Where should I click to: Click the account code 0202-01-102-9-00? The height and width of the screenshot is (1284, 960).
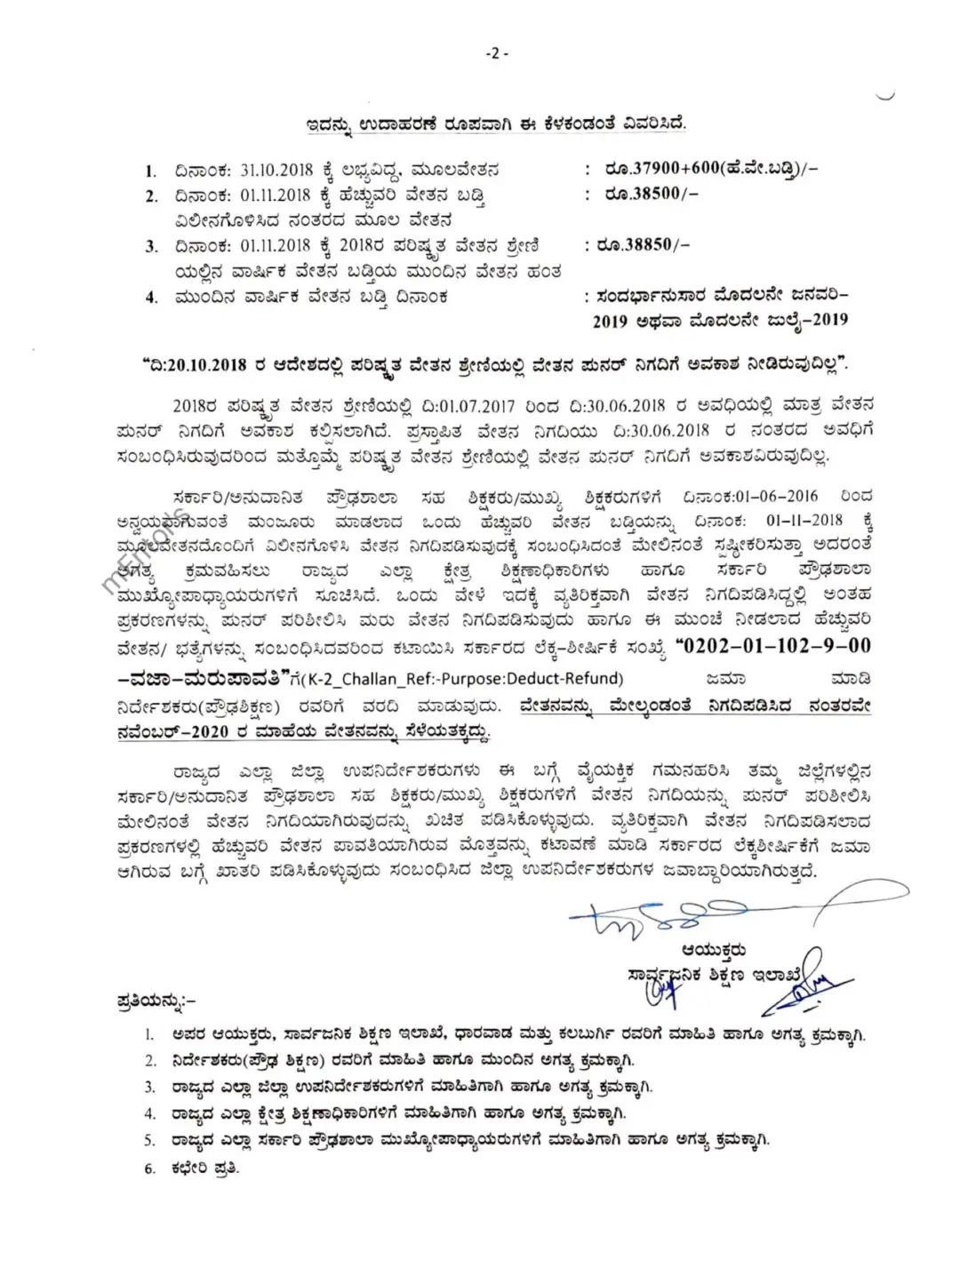click(773, 645)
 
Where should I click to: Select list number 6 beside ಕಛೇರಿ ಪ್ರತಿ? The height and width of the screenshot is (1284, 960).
click(150, 1168)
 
